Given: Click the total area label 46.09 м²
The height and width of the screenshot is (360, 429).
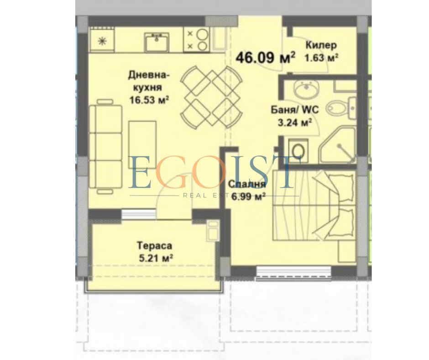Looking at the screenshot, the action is pos(265,57).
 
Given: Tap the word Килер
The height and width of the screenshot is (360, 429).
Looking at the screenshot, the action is pos(321,45).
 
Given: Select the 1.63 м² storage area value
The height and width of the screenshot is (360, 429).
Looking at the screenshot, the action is pos(321,58).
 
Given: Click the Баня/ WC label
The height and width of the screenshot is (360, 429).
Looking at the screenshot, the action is pos(295,110).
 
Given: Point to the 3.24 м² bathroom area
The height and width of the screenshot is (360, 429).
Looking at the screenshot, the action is pos(295,123).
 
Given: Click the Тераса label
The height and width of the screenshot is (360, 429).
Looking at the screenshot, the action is pos(155,245).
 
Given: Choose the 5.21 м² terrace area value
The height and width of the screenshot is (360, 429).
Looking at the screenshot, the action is pos(156,258).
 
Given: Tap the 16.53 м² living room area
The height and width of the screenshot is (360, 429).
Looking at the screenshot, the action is pos(149,100).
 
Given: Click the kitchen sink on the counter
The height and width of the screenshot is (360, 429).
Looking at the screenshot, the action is pos(157,42).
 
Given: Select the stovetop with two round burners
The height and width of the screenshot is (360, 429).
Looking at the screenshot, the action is pos(197,40).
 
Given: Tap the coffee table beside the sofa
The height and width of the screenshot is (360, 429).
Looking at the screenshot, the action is pos(142,145).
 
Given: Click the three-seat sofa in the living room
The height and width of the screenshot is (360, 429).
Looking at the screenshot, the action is pos(105,147).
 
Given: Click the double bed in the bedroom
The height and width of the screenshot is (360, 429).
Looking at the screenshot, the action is pos(314,205).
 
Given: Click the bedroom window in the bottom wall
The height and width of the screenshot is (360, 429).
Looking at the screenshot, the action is pos(293,272).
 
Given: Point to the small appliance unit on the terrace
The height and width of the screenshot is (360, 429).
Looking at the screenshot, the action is pos(213,230).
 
